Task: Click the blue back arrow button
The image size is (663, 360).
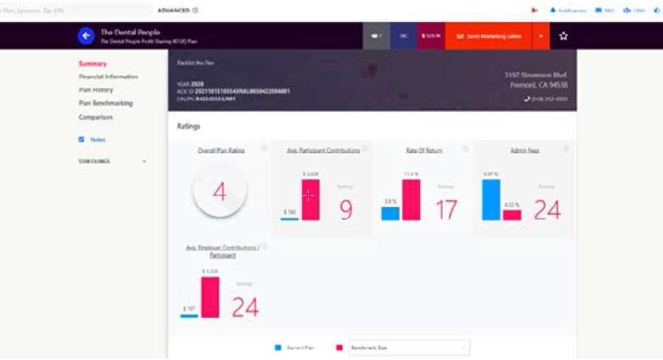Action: tap(86, 35)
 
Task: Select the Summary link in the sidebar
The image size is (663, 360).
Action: tap(93, 64)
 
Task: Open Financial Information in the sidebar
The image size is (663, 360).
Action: tap(108, 77)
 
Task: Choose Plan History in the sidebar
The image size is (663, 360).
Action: tap(96, 90)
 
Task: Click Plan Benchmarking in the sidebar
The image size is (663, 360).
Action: tap(106, 103)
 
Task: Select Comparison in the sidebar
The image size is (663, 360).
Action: tap(96, 117)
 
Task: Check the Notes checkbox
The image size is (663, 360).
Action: tap(81, 139)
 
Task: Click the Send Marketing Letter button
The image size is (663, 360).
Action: tap(488, 35)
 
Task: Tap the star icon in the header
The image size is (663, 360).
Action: tap(564, 35)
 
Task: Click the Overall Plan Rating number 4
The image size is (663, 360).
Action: tap(220, 192)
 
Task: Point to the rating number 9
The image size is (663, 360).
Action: tap(345, 211)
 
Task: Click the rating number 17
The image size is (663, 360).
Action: tap(446, 211)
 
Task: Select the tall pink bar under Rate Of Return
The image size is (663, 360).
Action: tap(411, 200)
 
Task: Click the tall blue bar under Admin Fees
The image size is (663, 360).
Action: tap(491, 200)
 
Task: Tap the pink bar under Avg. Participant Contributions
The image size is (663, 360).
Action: tap(310, 200)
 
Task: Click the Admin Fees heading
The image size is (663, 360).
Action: tap(525, 150)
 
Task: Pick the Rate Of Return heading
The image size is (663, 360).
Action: tap(424, 150)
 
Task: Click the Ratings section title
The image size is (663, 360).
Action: tap(189, 127)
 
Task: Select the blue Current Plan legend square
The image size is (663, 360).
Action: tap(278, 347)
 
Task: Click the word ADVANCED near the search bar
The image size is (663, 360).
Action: tap(174, 10)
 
